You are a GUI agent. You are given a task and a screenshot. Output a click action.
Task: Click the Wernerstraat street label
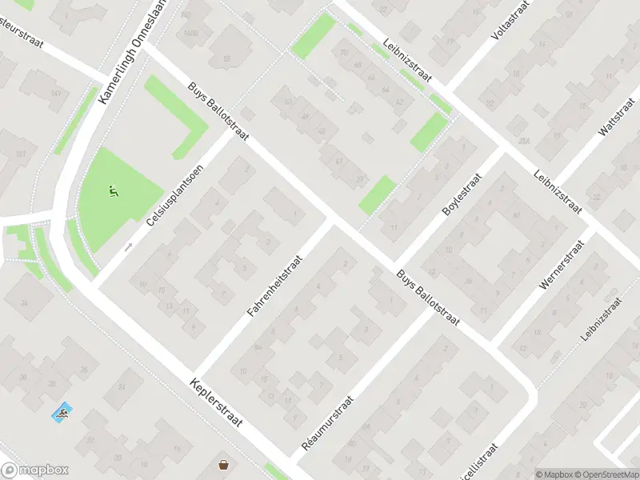pos(559,264)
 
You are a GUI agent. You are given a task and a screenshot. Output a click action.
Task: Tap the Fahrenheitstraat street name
pos(275,286)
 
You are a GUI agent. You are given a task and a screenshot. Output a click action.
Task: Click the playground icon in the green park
pos(113,191)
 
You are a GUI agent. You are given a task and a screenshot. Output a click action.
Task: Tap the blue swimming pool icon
pos(62,414)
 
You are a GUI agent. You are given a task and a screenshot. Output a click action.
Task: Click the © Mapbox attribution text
pos(552,474)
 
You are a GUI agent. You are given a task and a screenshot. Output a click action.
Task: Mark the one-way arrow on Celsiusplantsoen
pos(128,246)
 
